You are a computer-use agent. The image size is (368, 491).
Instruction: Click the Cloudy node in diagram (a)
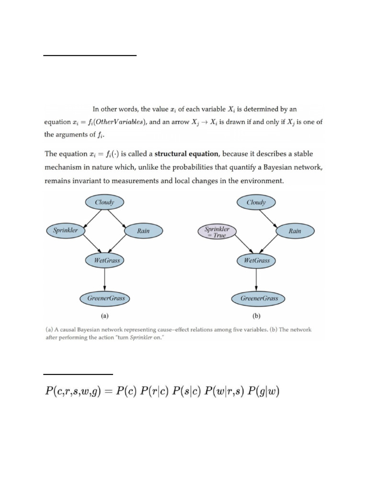coord(104,202)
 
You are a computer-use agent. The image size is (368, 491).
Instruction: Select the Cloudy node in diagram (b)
coord(256,202)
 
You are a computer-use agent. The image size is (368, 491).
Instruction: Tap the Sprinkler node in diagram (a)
coord(66,230)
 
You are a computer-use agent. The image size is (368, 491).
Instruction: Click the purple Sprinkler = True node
coord(217,232)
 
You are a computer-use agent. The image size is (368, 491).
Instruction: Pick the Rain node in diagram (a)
coord(143,231)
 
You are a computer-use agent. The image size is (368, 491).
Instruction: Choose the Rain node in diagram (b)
coord(295,231)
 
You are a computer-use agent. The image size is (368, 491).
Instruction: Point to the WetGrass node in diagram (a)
coord(104,261)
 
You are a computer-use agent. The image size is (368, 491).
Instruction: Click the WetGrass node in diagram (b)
coord(257,261)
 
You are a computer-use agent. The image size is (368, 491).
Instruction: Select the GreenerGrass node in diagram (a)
coord(105,298)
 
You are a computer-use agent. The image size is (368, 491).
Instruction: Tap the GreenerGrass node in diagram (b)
coord(259,298)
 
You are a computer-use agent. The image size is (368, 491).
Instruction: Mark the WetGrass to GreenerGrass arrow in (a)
coord(104,279)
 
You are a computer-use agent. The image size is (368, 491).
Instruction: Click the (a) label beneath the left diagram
coord(104,316)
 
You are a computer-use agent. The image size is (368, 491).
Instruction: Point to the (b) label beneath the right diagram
coord(256,316)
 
